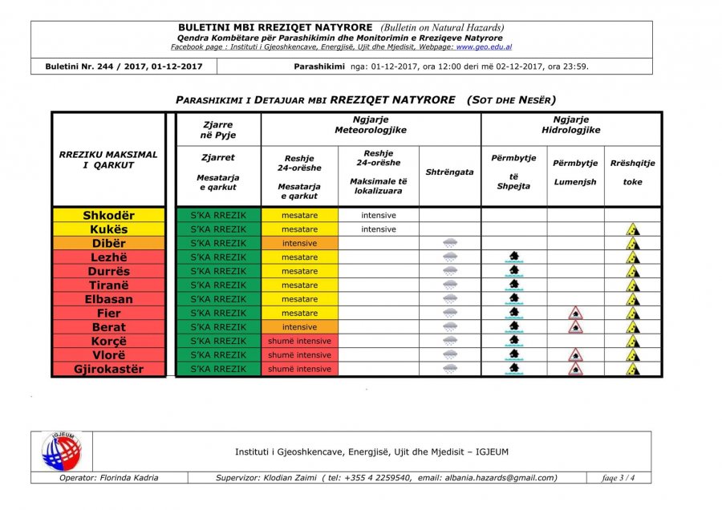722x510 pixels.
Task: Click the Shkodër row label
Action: (x=108, y=215)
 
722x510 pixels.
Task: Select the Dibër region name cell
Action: (x=108, y=243)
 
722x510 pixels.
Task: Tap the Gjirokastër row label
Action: (x=108, y=369)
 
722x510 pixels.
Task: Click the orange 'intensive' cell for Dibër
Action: (x=299, y=243)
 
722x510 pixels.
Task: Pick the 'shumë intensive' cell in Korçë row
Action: (x=299, y=341)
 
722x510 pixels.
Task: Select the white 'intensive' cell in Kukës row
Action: (x=378, y=229)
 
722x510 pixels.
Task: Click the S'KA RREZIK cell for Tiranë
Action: (x=218, y=285)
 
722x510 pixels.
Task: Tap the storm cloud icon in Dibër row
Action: (x=450, y=243)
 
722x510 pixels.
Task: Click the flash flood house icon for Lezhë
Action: (x=513, y=257)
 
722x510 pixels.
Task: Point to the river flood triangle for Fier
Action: (x=575, y=313)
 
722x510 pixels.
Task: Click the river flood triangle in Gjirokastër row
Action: (x=575, y=369)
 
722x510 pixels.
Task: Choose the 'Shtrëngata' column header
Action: (x=450, y=172)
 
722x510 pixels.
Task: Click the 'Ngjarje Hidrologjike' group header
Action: (x=570, y=124)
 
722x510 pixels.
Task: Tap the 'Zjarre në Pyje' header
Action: (x=218, y=130)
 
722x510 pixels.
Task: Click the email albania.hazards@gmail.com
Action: (x=486, y=478)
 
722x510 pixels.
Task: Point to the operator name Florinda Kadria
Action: (x=109, y=478)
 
